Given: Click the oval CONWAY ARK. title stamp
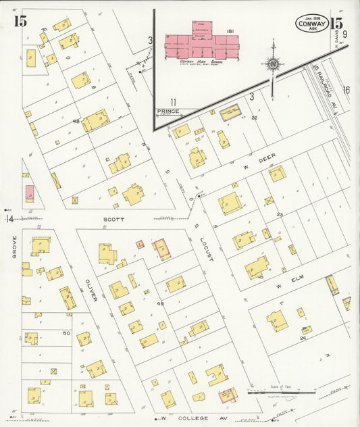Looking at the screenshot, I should [x=311, y=24].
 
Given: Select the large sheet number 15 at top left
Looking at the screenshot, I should [x=20, y=21].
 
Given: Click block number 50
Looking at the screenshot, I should [x=66, y=333].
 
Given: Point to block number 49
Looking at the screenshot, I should [x=161, y=304].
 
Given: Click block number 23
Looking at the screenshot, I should [x=279, y=215].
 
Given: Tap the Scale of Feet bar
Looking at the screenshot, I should [x=282, y=392].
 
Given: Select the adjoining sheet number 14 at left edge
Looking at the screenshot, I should [x=10, y=219].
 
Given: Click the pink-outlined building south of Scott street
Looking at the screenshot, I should [x=161, y=249].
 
